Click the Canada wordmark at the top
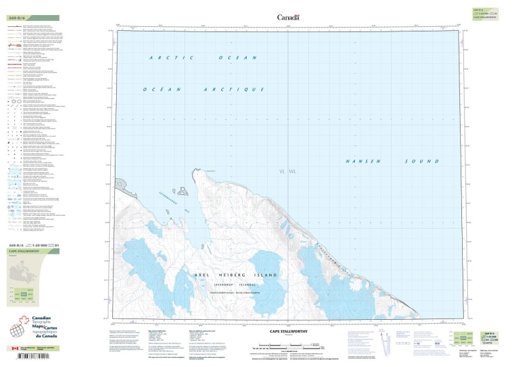[288, 18]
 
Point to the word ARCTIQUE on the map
[222, 88]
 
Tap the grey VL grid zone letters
[283, 172]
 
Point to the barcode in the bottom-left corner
[30, 357]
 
